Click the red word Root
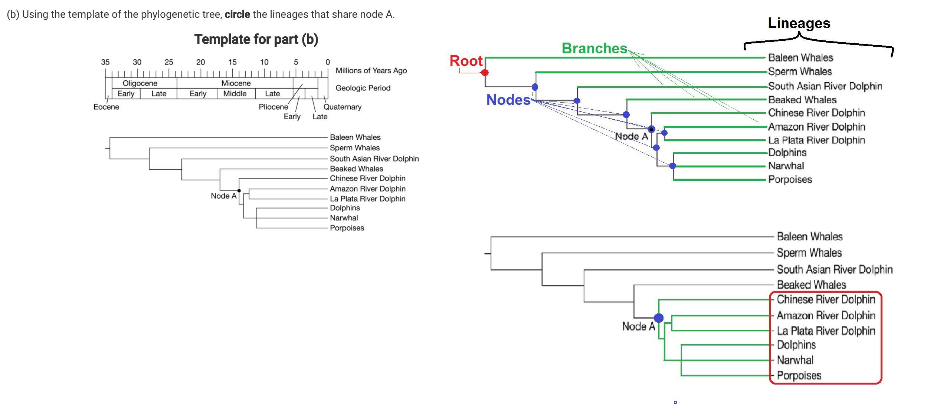click(x=466, y=61)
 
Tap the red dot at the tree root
click(x=485, y=73)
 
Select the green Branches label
click(x=594, y=49)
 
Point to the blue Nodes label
click(x=508, y=100)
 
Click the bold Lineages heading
click(x=799, y=23)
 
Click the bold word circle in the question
click(x=237, y=14)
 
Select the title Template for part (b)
click(x=256, y=39)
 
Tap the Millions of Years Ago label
click(x=371, y=70)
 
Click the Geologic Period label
click(x=363, y=88)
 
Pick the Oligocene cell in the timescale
click(x=140, y=83)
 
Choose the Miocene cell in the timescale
click(x=236, y=83)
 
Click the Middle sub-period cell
click(x=235, y=94)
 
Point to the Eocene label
click(x=106, y=107)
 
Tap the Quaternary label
click(x=342, y=107)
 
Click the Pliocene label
click(x=273, y=107)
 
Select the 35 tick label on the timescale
click(x=105, y=62)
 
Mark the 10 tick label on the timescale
click(x=264, y=62)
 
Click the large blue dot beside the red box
click(x=659, y=318)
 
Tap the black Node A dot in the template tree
click(x=239, y=191)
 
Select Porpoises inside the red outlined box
click(x=799, y=376)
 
